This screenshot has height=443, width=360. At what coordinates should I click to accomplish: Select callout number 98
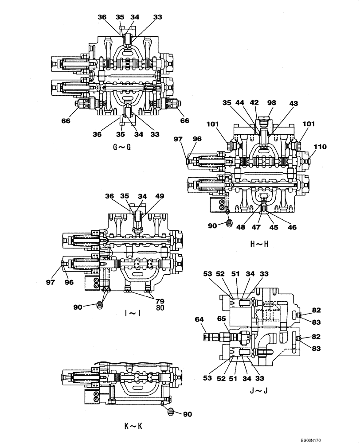(272, 103)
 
